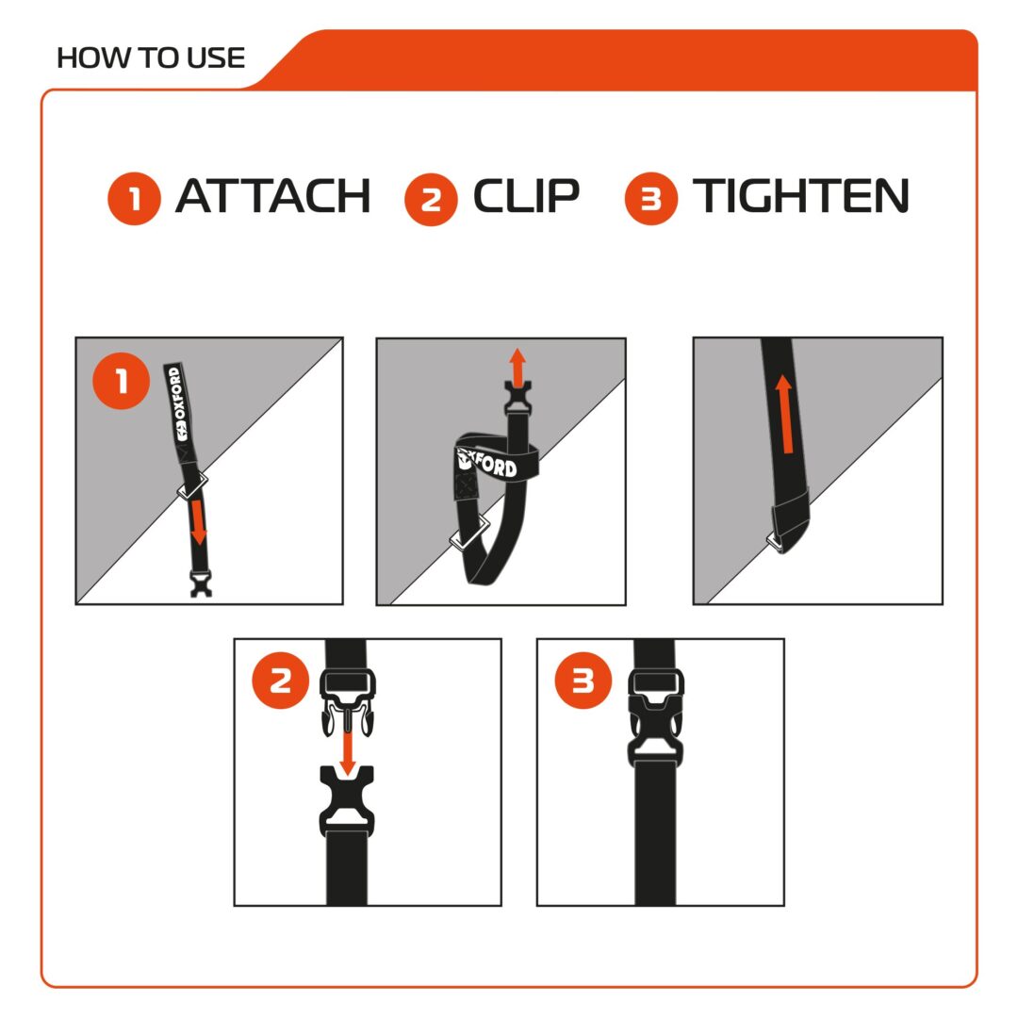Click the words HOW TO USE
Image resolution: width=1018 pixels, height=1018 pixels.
click(x=151, y=57)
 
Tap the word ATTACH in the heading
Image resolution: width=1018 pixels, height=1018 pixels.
click(x=272, y=197)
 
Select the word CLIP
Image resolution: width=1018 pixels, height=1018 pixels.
click(x=525, y=197)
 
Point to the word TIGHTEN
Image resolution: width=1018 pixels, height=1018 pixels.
click(x=800, y=197)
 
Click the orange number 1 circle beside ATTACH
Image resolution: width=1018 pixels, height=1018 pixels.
click(x=135, y=199)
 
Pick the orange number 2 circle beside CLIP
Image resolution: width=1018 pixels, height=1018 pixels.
click(x=431, y=199)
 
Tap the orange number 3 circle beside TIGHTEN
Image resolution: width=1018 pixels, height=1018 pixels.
click(x=650, y=199)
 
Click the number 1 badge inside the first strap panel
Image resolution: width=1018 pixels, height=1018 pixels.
click(x=122, y=382)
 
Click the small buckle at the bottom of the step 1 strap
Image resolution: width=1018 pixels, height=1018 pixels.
click(x=200, y=583)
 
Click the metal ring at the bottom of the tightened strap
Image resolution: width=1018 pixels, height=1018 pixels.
click(x=781, y=544)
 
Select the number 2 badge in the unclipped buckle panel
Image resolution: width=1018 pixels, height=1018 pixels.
click(x=281, y=681)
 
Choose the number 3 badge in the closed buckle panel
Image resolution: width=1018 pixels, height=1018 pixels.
click(x=583, y=681)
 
